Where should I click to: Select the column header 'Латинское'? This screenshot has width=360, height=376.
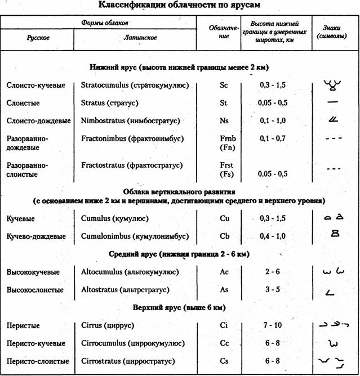[139, 38]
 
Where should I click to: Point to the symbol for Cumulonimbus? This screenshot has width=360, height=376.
[336, 235]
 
